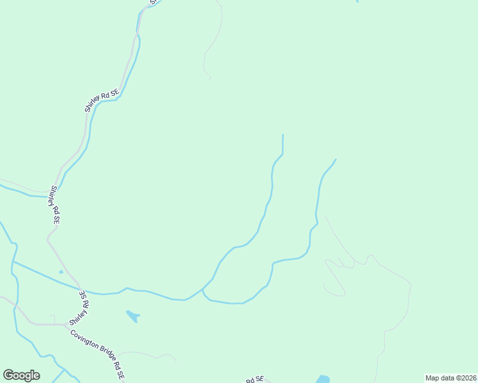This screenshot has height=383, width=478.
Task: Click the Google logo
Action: (21, 375)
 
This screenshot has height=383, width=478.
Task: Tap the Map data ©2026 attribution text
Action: (451, 378)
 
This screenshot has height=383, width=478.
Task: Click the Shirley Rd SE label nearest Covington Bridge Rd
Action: (84, 303)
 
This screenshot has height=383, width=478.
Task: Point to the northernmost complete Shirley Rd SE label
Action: (102, 100)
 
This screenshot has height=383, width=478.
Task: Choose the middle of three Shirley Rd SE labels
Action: (55, 204)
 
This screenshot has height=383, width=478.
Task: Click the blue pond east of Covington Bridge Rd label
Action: (133, 315)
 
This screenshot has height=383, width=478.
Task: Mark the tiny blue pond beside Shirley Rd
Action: (61, 271)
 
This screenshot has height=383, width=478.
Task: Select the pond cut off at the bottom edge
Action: (323, 379)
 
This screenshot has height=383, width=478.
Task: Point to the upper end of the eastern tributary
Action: (335, 160)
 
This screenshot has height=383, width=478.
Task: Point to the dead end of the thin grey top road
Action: (210, 78)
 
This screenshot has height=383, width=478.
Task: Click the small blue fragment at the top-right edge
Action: (357, 1)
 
